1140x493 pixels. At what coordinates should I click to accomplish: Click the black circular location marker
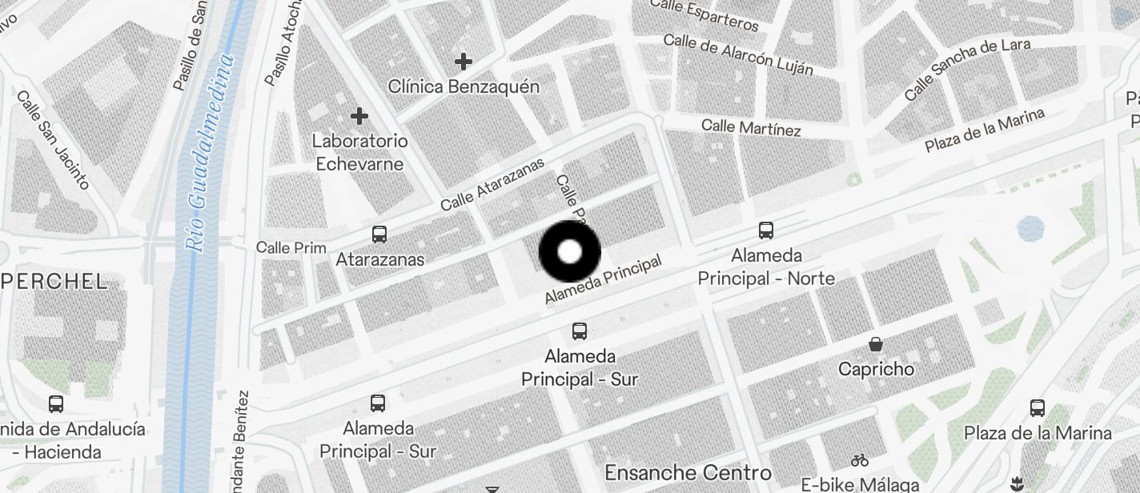[569, 252]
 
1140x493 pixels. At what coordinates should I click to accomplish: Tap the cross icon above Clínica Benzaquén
[463, 61]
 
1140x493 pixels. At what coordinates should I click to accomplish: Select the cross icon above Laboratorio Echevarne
[359, 116]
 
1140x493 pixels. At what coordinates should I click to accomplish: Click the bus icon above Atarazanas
[379, 234]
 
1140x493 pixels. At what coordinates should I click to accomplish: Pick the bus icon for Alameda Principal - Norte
[766, 230]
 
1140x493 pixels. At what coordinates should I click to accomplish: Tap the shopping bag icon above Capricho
[876, 345]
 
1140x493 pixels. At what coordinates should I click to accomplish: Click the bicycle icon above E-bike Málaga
[860, 460]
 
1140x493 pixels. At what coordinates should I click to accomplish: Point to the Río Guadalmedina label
[210, 152]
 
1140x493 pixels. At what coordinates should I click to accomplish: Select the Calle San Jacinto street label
[53, 140]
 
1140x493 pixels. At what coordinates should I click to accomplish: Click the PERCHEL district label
[54, 281]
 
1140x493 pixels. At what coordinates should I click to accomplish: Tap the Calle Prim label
[291, 247]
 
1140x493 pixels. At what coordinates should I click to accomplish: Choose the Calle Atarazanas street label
[492, 184]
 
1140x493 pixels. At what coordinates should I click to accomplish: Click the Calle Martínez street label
[751, 127]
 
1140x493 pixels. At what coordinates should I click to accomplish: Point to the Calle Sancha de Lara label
[967, 70]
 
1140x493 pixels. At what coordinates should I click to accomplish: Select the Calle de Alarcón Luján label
[738, 54]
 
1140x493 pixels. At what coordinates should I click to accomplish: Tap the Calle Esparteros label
[704, 15]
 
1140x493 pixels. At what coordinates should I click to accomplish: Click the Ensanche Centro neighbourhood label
[688, 471]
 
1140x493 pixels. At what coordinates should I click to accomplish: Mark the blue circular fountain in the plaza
[1030, 229]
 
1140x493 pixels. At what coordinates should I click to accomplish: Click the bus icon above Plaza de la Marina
[1038, 407]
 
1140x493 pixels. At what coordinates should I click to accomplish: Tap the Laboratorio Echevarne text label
[359, 152]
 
